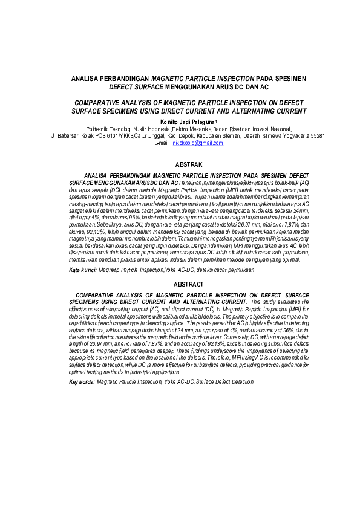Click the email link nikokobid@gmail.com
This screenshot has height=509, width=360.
pyautogui.click(x=198, y=144)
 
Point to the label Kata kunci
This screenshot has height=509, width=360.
pyautogui.click(x=82, y=270)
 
